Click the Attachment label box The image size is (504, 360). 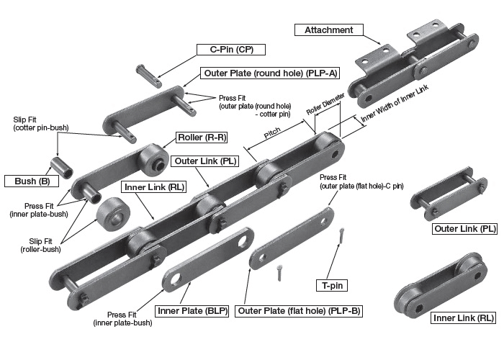[328, 30]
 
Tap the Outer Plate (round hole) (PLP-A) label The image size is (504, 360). [271, 73]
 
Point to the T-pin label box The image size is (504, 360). [332, 286]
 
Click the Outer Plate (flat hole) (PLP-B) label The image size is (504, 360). [299, 311]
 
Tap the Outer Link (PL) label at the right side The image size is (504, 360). [464, 229]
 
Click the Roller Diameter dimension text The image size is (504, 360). [324, 111]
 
